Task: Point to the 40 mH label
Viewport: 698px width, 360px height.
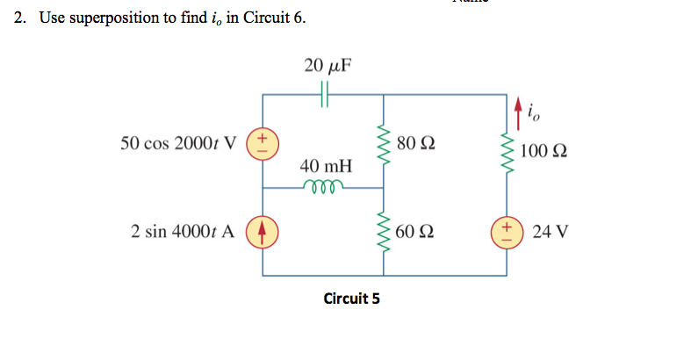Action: (x=325, y=166)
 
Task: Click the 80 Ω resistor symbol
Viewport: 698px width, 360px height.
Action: (x=382, y=141)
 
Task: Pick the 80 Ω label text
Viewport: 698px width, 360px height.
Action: (x=415, y=142)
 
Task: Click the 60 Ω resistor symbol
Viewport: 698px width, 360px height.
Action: (x=382, y=232)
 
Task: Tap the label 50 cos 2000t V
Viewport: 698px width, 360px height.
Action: (x=180, y=143)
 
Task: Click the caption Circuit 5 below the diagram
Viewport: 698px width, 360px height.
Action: (x=351, y=299)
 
